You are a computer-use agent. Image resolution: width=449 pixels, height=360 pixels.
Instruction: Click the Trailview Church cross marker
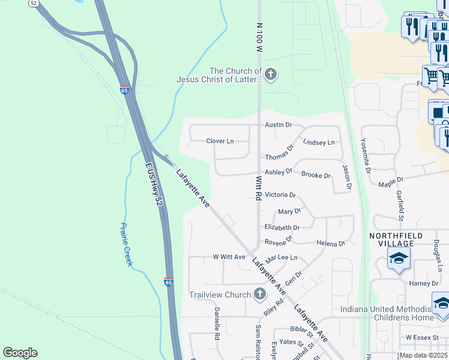[259, 294]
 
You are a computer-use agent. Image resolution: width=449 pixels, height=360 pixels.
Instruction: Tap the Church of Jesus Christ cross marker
[271, 74]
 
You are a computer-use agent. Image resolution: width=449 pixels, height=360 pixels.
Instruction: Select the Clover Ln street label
[220, 142]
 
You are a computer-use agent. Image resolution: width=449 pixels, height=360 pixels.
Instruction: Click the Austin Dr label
[278, 125]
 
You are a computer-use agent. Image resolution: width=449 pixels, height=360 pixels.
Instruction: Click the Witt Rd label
[259, 188]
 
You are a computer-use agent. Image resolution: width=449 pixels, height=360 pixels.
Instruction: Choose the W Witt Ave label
[229, 257]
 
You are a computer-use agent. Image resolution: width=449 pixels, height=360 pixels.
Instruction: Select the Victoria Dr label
[280, 195]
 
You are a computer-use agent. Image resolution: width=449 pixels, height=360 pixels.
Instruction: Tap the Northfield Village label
[396, 239]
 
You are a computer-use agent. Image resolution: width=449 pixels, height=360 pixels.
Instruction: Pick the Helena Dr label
[331, 244]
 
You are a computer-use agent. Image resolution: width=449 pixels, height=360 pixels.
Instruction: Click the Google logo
[20, 353]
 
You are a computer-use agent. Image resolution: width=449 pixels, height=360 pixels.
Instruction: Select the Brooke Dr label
[316, 176]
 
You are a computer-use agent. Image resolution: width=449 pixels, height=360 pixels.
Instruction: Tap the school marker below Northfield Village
[399, 260]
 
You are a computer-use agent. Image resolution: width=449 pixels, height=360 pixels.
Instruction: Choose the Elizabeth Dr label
[282, 228]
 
